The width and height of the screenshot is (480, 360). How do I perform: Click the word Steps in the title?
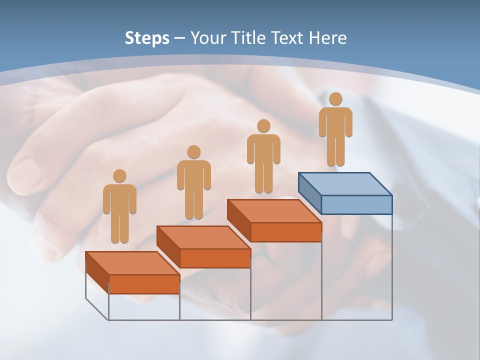tap(146, 38)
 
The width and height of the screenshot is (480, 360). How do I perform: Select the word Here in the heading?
tap(327, 38)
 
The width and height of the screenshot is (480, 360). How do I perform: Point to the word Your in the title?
tap(207, 38)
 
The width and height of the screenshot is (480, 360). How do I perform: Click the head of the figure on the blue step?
tap(335, 99)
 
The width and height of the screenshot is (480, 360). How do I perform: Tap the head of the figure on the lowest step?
tap(119, 176)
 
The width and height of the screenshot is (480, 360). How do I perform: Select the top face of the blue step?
tap(345, 184)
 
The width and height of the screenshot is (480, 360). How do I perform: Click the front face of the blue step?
tap(356, 204)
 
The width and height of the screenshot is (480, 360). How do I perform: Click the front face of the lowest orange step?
tap(144, 284)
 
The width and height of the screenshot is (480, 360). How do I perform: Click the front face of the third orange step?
tap(285, 232)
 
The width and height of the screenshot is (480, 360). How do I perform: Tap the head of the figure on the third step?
tap(263, 126)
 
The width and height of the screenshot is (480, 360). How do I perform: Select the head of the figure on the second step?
tap(194, 152)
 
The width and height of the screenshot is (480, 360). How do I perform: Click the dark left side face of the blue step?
tap(309, 193)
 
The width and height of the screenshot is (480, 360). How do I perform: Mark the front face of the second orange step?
tap(215, 258)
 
